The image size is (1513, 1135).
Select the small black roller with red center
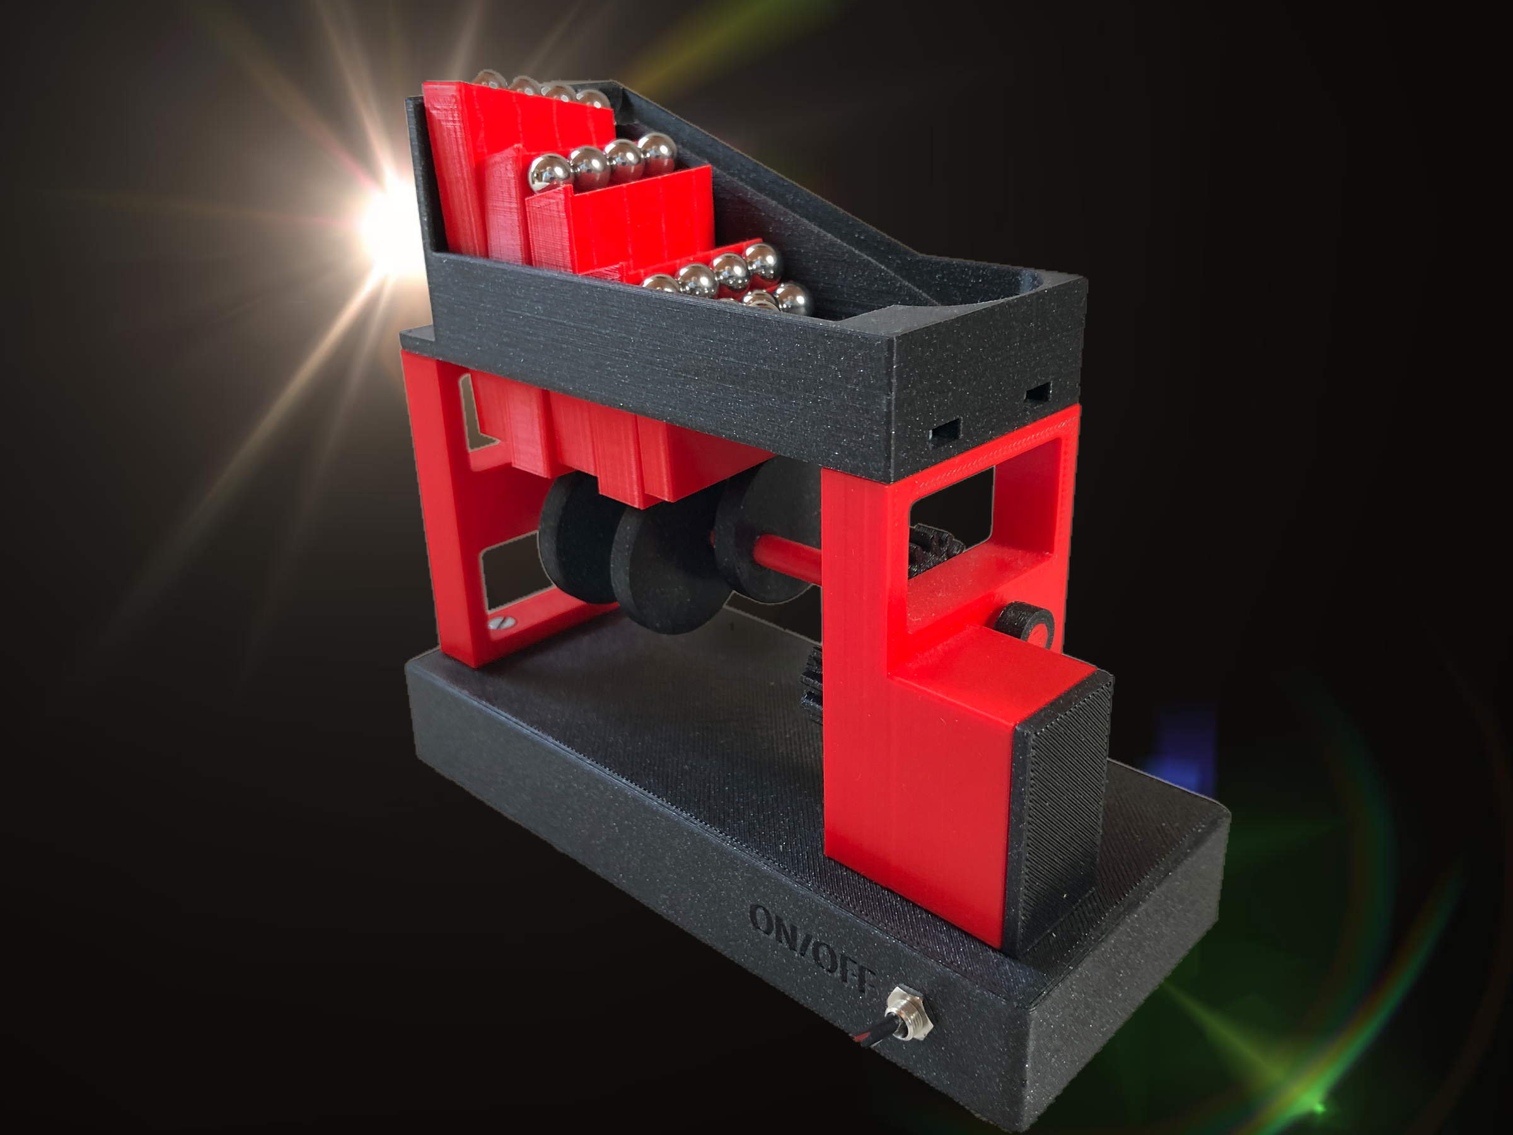[x=1023, y=626]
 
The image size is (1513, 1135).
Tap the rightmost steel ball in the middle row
[x=657, y=152]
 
